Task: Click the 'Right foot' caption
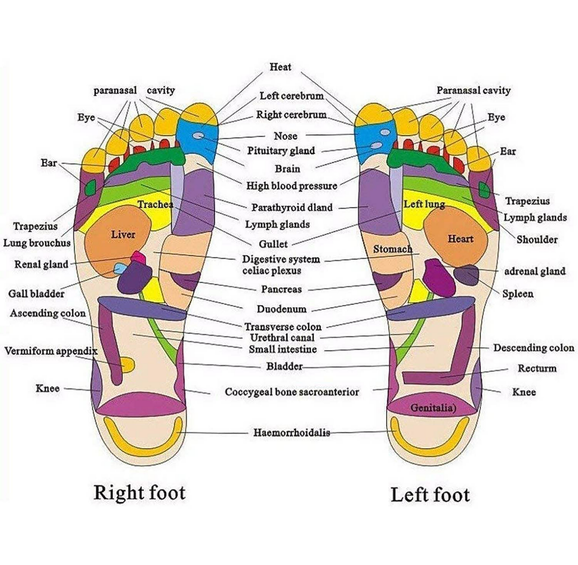[139, 493]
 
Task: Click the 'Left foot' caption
[430, 495]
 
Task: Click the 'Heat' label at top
[280, 67]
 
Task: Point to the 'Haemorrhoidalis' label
[291, 432]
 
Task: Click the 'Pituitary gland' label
[281, 151]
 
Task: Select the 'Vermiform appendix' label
[51, 351]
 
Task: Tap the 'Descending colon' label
[533, 348]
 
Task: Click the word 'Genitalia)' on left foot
[433, 407]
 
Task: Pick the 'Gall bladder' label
[36, 294]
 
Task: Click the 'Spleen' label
[518, 294]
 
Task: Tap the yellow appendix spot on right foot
[128, 365]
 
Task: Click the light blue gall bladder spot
[119, 268]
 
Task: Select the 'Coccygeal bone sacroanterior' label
[292, 392]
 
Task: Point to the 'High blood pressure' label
[291, 186]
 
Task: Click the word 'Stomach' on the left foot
[392, 249]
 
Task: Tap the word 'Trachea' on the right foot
[155, 205]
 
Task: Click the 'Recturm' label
[537, 368]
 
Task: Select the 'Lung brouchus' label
[37, 243]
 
